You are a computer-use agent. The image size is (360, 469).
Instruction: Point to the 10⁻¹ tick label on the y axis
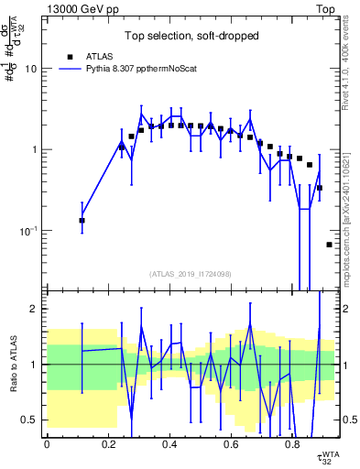tap(27, 230)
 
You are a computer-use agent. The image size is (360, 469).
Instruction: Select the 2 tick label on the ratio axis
tap(34, 309)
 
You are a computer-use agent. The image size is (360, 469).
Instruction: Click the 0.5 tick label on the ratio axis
tap(29, 420)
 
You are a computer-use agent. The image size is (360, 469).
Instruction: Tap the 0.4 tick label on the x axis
tap(169, 444)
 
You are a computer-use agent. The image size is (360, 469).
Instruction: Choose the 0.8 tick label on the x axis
tap(292, 444)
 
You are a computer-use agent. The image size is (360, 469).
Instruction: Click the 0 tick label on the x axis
tap(47, 444)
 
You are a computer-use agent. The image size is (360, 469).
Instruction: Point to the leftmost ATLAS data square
tap(82, 220)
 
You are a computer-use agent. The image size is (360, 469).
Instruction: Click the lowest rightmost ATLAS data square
tap(329, 245)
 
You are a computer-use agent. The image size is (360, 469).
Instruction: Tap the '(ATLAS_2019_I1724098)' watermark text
tap(191, 274)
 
